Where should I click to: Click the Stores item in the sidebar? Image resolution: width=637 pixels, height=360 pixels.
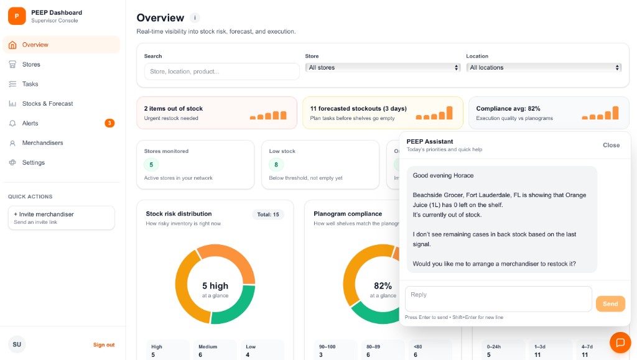pos(31,65)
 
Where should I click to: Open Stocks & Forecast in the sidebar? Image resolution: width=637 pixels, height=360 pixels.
pos(47,104)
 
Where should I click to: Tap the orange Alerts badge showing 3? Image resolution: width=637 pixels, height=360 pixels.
pos(109,123)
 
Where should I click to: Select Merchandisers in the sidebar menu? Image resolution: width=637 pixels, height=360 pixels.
pos(42,143)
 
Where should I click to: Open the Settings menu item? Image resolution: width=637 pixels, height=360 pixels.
pos(34,163)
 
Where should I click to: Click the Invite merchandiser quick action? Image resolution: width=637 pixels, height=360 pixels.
pos(61,218)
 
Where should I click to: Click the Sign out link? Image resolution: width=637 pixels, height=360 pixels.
pos(104,345)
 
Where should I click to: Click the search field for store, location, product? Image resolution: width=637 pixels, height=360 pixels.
pos(221,72)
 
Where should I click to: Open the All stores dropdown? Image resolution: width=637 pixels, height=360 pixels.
pos(383,68)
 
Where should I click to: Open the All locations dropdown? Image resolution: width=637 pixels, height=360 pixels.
pos(544,68)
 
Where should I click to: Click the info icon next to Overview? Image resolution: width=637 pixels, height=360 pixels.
pos(195,18)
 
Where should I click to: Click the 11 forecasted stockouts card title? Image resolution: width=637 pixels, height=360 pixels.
pos(349,109)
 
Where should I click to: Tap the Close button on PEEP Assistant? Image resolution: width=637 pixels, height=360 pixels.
pos(611,145)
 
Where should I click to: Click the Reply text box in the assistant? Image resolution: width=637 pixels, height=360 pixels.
pos(498,299)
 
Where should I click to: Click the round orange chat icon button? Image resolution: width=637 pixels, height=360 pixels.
pos(620,343)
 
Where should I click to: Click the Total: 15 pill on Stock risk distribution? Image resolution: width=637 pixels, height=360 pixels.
pos(267,215)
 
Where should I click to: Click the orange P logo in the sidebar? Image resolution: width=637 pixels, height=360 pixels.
pos(17,16)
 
